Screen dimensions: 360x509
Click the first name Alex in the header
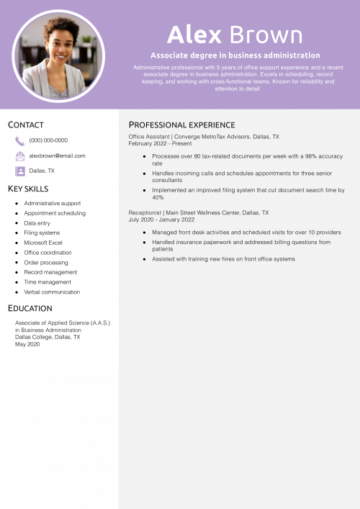(x=194, y=34)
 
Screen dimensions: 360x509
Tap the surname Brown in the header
(x=266, y=34)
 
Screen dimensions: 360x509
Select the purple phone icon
(x=19, y=141)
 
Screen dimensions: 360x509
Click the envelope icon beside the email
(x=19, y=156)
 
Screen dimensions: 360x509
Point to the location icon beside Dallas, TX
(x=19, y=171)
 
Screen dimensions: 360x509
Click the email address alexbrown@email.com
(x=57, y=156)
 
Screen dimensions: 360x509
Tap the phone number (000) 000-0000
(x=48, y=140)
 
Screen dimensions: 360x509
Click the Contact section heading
(x=26, y=125)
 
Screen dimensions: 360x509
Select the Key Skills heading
(x=28, y=189)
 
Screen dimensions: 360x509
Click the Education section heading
(x=30, y=308)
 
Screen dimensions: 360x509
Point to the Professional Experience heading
(x=181, y=125)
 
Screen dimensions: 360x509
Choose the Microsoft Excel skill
(x=43, y=243)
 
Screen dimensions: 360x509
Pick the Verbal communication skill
(x=52, y=292)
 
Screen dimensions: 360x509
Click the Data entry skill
(x=37, y=223)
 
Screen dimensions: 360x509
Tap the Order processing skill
(x=45, y=262)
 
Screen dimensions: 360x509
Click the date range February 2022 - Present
(x=160, y=143)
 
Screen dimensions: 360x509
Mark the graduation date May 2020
(x=27, y=344)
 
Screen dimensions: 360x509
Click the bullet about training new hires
(x=223, y=259)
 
